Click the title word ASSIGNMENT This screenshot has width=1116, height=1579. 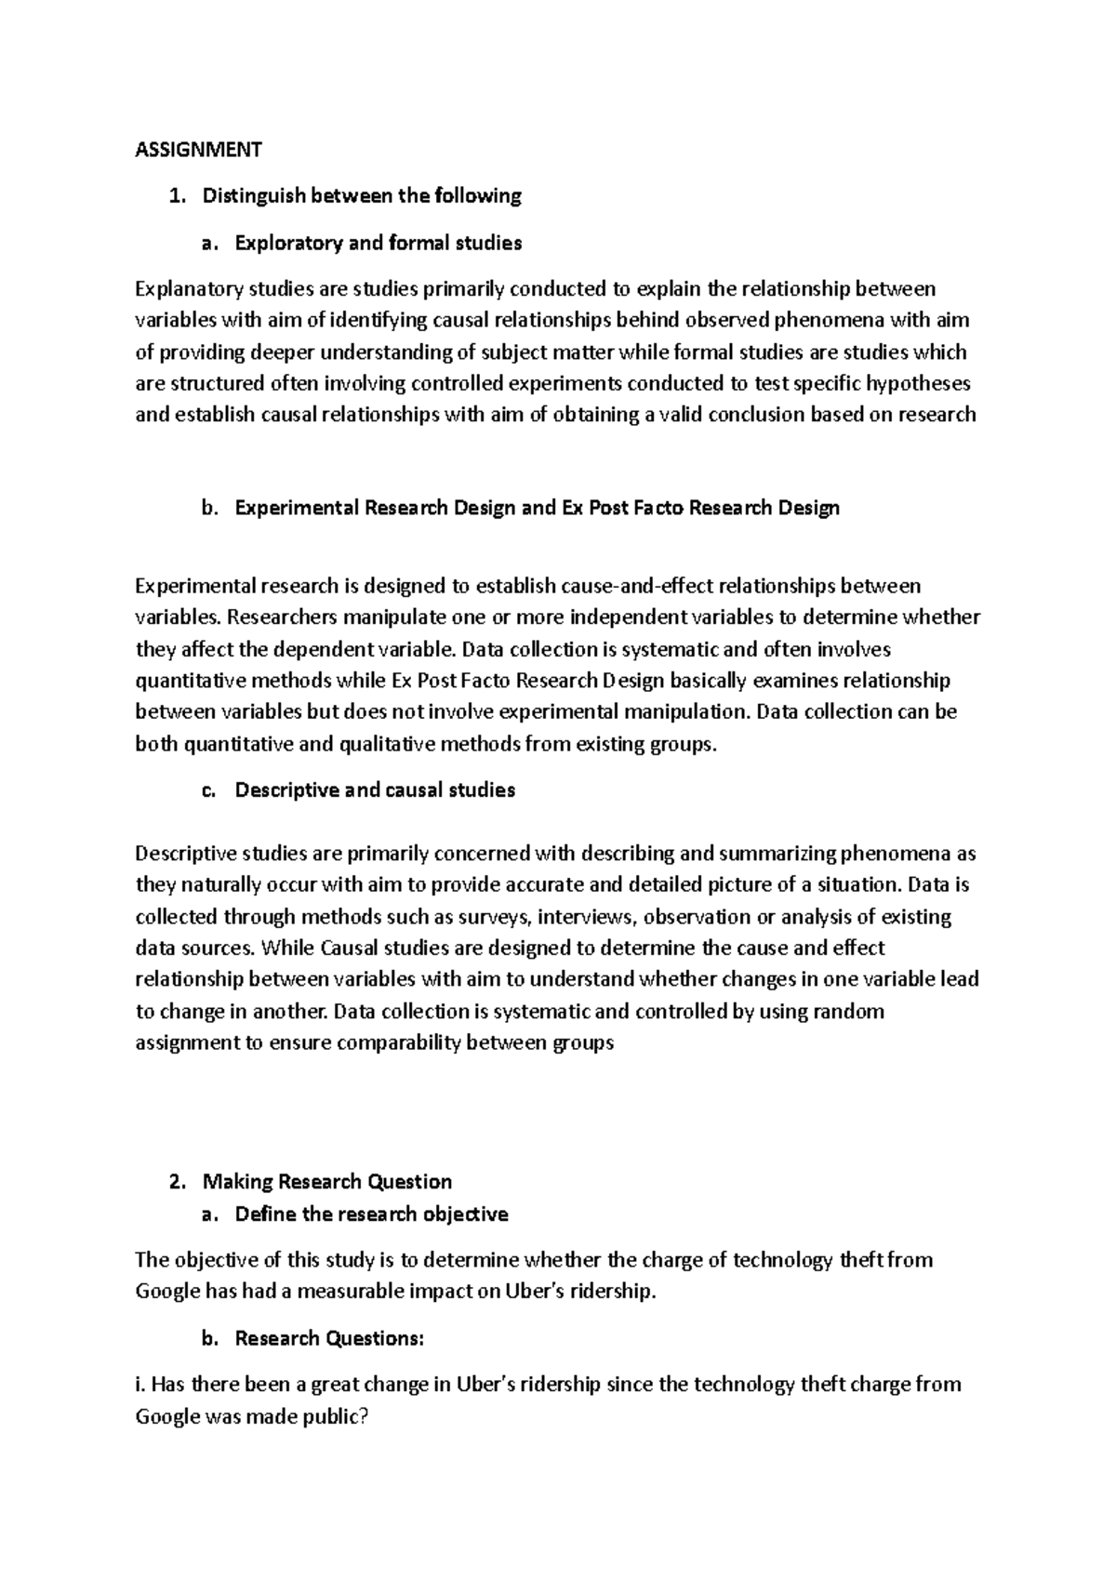coord(198,149)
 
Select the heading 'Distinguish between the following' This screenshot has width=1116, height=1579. coord(362,195)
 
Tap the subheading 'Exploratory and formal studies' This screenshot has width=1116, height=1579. coord(378,243)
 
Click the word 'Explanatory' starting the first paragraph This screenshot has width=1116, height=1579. coord(184,289)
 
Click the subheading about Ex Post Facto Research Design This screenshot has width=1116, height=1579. coord(537,508)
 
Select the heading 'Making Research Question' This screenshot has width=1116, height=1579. coord(327,1182)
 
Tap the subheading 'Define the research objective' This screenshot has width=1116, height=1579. coord(371,1214)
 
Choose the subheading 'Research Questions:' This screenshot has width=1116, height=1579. coord(329,1338)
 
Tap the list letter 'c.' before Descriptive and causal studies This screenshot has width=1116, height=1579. coord(208,789)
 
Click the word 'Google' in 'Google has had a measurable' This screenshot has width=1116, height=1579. coord(167,1292)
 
